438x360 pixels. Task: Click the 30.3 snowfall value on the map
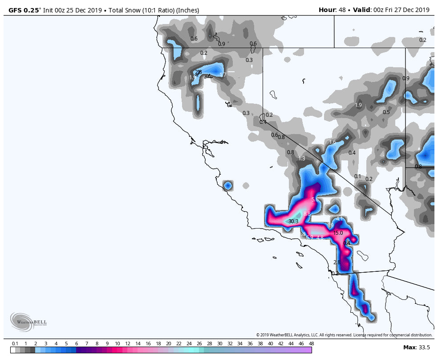click(x=293, y=221)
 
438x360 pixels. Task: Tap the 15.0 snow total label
click(x=338, y=233)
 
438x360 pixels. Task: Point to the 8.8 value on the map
click(x=307, y=214)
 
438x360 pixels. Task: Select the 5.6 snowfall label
click(x=315, y=200)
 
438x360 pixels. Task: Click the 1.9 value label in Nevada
click(x=358, y=105)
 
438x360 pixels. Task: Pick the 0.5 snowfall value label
click(x=386, y=112)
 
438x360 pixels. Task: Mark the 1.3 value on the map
click(x=302, y=159)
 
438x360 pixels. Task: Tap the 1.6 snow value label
click(x=333, y=143)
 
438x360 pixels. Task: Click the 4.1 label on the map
click(x=340, y=219)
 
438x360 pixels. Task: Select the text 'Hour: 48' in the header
click(x=333, y=10)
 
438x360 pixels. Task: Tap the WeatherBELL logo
click(x=28, y=322)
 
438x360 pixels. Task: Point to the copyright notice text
click(x=344, y=335)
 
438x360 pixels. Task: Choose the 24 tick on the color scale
click(x=189, y=344)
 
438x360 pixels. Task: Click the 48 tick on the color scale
click(x=311, y=344)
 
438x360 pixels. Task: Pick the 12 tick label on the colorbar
click(x=127, y=344)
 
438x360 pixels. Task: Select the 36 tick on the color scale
click(x=250, y=344)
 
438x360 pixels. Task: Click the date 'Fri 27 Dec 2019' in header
click(x=407, y=10)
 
